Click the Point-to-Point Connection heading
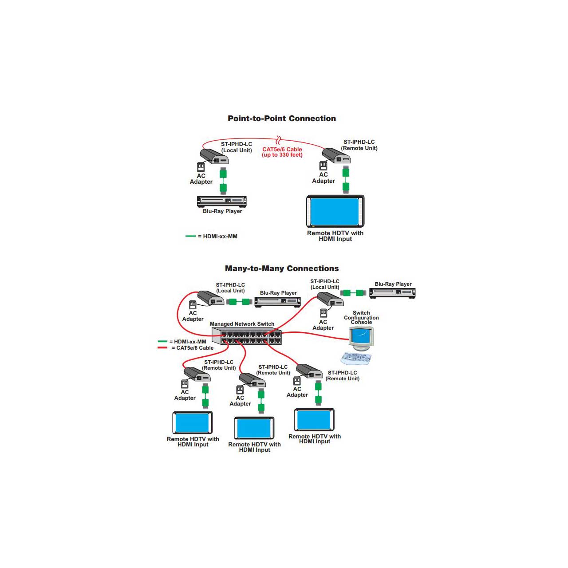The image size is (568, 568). point(282,118)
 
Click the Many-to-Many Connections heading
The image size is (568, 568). point(282,268)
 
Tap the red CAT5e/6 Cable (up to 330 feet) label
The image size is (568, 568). point(282,152)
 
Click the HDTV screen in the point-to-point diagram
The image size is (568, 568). point(335,211)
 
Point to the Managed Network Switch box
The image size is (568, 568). point(247,337)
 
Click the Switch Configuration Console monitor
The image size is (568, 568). point(361,338)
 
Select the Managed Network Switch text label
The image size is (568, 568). point(242,324)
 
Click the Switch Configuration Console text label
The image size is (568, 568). point(361,318)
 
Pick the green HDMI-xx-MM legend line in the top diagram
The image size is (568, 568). point(190,236)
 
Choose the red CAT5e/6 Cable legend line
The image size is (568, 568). point(162,347)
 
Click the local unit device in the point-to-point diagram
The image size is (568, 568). point(214,156)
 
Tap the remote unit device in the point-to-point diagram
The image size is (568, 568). point(336,155)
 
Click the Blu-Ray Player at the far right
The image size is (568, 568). point(392,292)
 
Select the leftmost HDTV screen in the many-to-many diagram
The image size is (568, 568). point(193,422)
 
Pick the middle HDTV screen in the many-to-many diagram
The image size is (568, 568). point(254,428)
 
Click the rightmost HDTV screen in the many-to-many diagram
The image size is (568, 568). point(314,419)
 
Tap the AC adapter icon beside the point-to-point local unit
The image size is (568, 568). point(201,167)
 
